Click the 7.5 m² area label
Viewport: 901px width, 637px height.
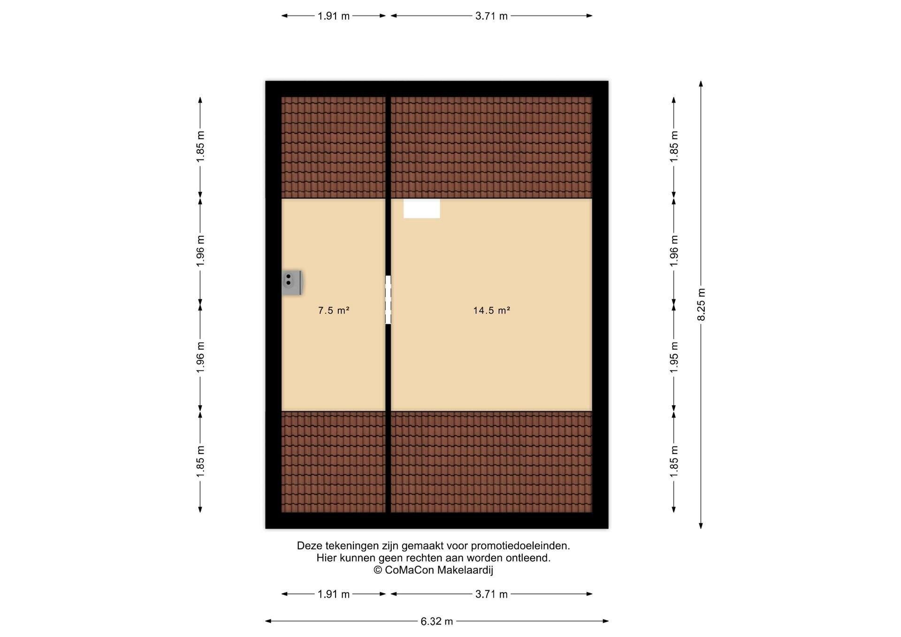click(x=334, y=311)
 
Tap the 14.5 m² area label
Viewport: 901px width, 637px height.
click(x=491, y=311)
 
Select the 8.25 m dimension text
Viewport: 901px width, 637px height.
click(x=702, y=304)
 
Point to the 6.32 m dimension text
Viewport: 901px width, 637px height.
click(x=437, y=622)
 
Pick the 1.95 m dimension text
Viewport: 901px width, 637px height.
click(x=674, y=357)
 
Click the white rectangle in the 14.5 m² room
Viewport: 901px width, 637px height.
click(x=421, y=208)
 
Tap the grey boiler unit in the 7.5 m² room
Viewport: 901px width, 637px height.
click(x=291, y=282)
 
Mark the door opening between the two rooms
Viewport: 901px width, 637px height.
click(x=388, y=300)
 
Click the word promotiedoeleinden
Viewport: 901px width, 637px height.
click(x=520, y=546)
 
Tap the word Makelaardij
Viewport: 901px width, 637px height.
click(x=465, y=570)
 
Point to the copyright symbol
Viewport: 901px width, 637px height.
click(x=378, y=570)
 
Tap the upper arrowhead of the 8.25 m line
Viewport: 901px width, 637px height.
click(x=701, y=84)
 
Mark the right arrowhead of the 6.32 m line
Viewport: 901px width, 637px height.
click(x=605, y=621)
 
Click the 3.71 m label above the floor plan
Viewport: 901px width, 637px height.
click(x=491, y=16)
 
